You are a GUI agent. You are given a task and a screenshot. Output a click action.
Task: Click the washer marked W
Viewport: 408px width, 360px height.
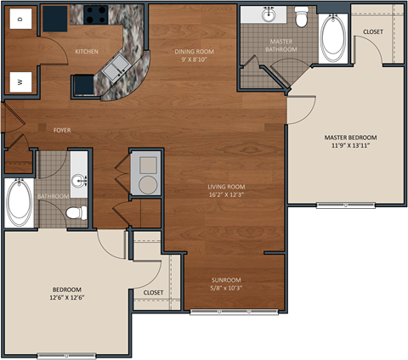pyautogui.click(x=20, y=82)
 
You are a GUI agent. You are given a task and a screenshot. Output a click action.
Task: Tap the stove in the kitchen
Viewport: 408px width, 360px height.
pyautogui.click(x=93, y=14)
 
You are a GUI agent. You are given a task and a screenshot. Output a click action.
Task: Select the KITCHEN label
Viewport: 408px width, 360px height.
pyautogui.click(x=87, y=52)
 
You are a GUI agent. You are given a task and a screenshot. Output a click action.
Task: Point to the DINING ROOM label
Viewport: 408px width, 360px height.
pyautogui.click(x=193, y=52)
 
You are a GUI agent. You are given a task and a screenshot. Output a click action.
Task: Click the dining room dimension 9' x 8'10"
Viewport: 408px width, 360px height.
pyautogui.click(x=193, y=60)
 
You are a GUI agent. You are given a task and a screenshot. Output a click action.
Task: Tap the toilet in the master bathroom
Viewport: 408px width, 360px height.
pyautogui.click(x=301, y=16)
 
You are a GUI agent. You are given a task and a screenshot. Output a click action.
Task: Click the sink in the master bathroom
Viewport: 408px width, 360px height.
pyautogui.click(x=269, y=15)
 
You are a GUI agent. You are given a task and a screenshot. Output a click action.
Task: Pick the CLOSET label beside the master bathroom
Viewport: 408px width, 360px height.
pyautogui.click(x=372, y=32)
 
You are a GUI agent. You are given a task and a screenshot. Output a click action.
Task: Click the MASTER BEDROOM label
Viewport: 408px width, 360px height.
pyautogui.click(x=350, y=137)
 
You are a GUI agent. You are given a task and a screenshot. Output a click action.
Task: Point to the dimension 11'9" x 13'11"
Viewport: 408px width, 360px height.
pyautogui.click(x=350, y=145)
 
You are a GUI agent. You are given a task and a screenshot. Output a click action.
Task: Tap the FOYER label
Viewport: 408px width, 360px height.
pyautogui.click(x=62, y=130)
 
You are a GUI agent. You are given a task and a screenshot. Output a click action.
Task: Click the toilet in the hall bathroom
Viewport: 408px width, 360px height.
pyautogui.click(x=75, y=212)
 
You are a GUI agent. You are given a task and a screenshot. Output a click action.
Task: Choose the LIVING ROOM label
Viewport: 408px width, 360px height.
pyautogui.click(x=226, y=187)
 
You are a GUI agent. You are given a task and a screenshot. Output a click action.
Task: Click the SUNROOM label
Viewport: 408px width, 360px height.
pyautogui.click(x=226, y=280)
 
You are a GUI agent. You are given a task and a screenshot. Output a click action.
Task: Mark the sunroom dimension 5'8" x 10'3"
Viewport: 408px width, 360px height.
pyautogui.click(x=226, y=289)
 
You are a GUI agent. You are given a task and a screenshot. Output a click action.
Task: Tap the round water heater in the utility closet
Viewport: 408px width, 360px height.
pyautogui.click(x=144, y=185)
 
